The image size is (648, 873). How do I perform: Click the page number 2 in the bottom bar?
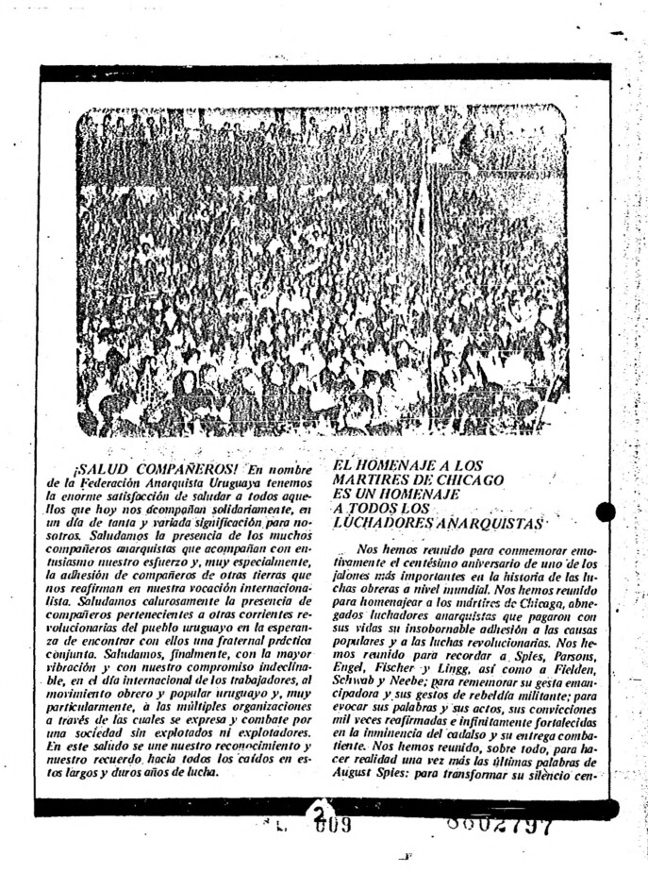322,813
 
